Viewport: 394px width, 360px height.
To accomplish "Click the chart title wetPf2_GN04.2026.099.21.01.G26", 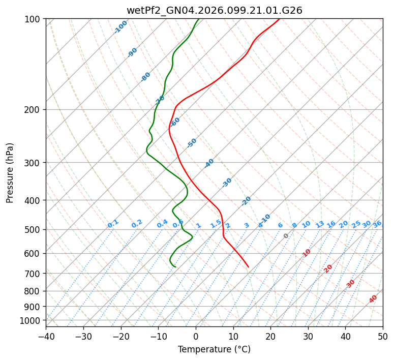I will pos(214,10).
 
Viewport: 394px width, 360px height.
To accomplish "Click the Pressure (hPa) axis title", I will pos(10,172).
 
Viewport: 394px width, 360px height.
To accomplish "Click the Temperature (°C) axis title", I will pos(214,350).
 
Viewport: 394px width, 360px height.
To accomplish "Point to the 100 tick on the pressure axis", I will pos(34,19).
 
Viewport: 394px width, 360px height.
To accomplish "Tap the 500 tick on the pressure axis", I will pos(34,229).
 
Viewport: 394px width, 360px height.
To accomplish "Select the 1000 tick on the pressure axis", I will pos(32,320).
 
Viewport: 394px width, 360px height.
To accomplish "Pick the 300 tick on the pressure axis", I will pos(34,163).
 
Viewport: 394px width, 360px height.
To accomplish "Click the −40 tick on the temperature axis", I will pos(46,337).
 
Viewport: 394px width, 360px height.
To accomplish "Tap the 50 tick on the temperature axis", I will pos(383,337).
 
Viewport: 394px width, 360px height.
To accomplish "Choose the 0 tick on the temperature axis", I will pos(196,337).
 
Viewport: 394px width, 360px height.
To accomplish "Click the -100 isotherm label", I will pos(120,27).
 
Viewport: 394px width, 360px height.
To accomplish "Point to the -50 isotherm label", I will pos(192,143).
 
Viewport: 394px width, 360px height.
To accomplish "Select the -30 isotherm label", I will pos(227,182).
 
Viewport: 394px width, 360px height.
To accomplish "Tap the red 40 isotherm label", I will pos(373,299).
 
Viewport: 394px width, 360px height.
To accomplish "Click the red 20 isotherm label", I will pos(328,268).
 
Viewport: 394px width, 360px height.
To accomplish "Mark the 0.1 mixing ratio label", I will pos(113,223).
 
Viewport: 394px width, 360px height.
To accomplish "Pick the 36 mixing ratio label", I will pos(377,224).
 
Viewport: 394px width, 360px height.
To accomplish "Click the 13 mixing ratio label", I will pos(320,224).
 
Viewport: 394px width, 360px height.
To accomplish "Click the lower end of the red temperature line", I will pos(249,267).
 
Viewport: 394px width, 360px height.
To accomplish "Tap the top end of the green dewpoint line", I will pos(198,19).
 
